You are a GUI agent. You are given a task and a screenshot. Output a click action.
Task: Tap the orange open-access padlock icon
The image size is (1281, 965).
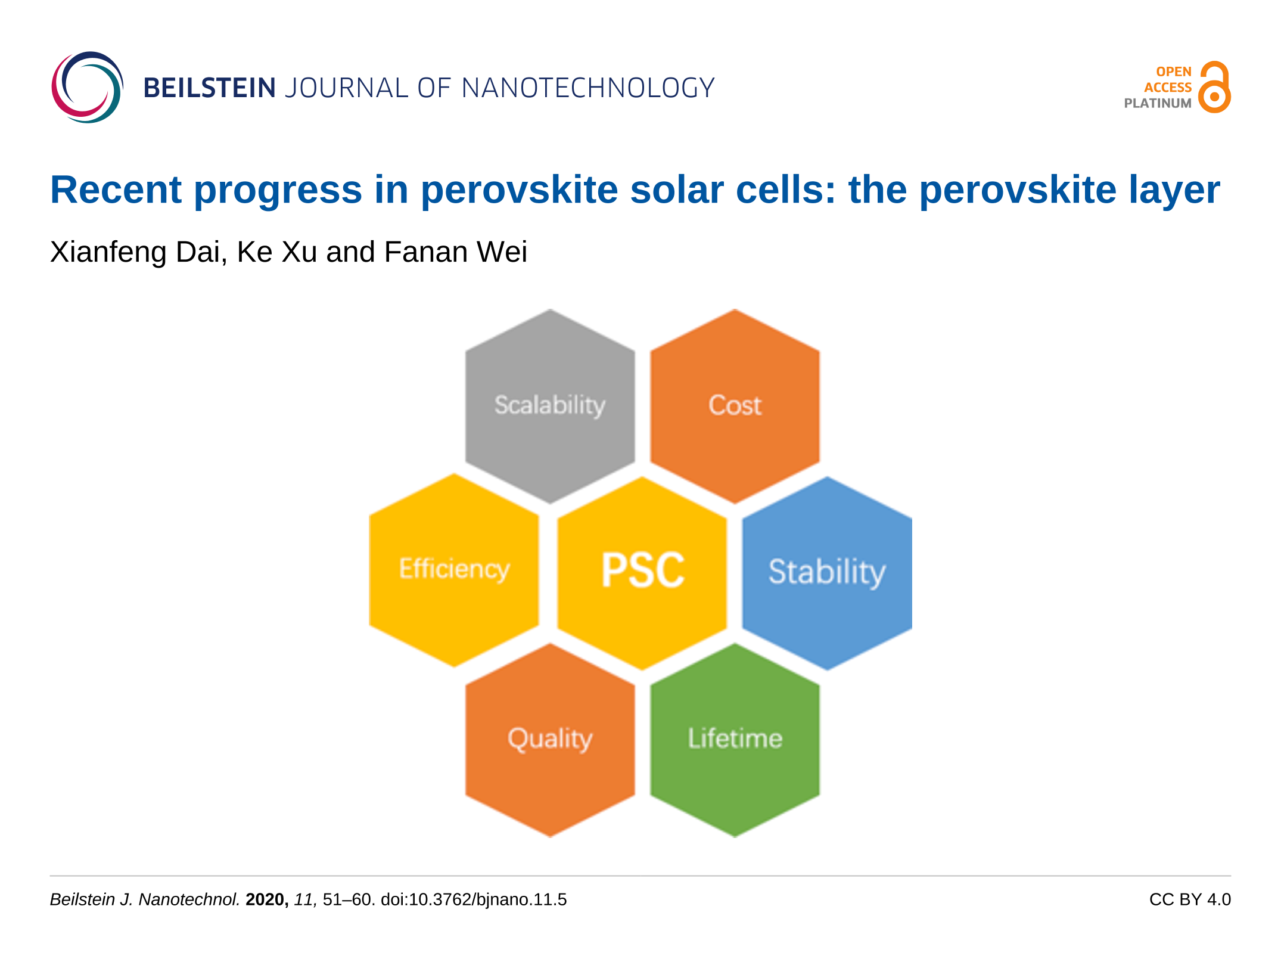[1214, 87]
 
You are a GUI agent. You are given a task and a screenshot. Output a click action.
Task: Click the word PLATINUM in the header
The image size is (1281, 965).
[1158, 103]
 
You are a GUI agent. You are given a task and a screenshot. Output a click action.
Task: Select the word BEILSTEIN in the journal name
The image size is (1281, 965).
[210, 88]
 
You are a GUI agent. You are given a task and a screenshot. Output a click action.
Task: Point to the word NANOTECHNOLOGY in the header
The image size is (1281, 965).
[588, 88]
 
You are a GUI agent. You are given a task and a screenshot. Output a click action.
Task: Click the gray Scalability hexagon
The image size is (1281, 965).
[550, 406]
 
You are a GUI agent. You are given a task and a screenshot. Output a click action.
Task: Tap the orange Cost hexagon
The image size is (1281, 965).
[735, 406]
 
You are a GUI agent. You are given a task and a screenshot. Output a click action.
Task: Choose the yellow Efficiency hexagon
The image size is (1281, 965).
[454, 570]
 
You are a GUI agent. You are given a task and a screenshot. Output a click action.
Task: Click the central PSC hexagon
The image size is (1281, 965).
[642, 573]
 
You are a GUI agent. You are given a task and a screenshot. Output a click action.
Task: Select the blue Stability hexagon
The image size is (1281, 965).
[827, 573]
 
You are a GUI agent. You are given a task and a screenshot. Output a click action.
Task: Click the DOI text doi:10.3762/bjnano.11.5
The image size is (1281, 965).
[474, 899]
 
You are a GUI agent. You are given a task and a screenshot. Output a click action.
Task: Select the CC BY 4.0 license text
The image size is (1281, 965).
[1190, 899]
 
